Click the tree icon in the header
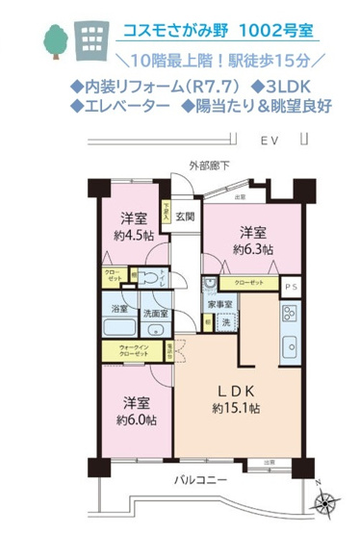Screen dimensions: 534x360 [54, 39]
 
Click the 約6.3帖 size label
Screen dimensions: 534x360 [253, 248]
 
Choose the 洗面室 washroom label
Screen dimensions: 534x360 [155, 313]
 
